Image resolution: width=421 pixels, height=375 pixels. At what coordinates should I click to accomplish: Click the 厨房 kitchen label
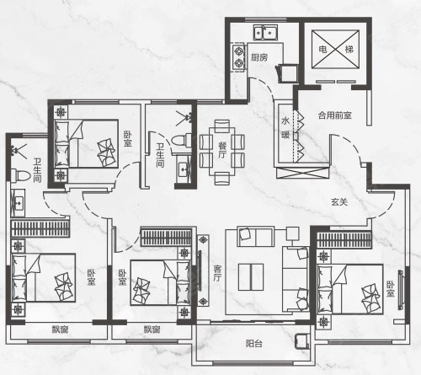coord(259,58)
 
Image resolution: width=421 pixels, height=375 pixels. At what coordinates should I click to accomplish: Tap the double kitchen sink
coord(265,32)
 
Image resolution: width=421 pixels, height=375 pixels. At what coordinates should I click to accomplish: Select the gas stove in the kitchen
coord(239,57)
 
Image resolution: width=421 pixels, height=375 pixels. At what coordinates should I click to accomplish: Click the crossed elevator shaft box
coord(335,49)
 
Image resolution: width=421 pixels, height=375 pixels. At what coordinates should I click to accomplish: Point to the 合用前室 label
coord(335,115)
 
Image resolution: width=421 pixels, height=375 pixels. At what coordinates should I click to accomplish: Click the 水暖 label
coord(285,128)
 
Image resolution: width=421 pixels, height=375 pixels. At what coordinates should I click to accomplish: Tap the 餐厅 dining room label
coord(222,150)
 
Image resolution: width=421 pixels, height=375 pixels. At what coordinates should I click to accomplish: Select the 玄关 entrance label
coord(339,201)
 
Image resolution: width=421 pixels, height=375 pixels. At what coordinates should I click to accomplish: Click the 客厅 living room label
coord(217,273)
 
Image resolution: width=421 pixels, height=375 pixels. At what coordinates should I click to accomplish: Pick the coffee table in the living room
coord(251,277)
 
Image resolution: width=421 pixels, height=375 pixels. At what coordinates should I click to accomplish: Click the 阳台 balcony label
coord(254,343)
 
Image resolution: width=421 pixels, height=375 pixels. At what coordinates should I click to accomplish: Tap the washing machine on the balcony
coord(303,341)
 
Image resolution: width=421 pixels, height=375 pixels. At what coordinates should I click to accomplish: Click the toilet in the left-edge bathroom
coord(20,175)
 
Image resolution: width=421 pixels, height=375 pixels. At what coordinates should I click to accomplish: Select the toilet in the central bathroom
coord(181,140)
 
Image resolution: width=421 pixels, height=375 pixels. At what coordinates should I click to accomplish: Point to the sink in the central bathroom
coord(184,169)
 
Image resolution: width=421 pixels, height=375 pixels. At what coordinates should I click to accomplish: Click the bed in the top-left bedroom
coord(86,143)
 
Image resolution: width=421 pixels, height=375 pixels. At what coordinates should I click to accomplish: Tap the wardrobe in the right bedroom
coord(344,240)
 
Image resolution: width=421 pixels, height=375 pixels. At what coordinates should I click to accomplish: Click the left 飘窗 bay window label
coord(60,329)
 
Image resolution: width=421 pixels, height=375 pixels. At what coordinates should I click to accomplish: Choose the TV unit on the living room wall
coord(203,271)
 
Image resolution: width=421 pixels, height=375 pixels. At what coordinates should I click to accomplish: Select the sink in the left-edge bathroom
coord(19,202)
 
